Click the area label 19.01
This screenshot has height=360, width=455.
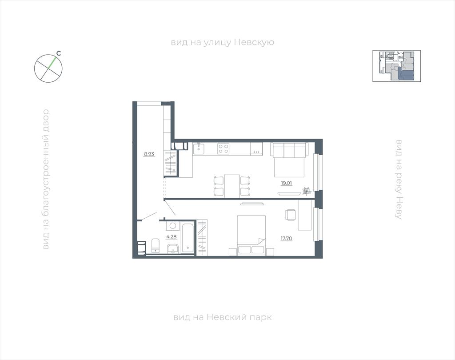pyautogui.click(x=286, y=183)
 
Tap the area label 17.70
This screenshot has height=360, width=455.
pyautogui.click(x=286, y=239)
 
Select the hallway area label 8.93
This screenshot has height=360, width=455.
pyautogui.click(x=149, y=154)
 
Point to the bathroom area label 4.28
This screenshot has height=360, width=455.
pyautogui.click(x=171, y=236)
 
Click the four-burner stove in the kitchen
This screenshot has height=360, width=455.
pyautogui.click(x=224, y=148)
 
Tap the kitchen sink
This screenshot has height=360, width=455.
pyautogui.click(x=199, y=148)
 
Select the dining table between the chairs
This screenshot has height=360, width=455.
pyautogui.click(x=232, y=186)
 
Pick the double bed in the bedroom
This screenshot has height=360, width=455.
pyautogui.click(x=251, y=235)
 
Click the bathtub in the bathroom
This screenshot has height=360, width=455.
pyautogui.click(x=188, y=237)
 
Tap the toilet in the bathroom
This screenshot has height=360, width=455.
pyautogui.click(x=156, y=246)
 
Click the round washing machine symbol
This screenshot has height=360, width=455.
pyautogui.click(x=173, y=226)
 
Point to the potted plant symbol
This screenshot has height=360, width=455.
pyautogui.click(x=307, y=191)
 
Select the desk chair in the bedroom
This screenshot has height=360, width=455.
pyautogui.click(x=291, y=215)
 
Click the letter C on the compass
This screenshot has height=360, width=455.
pyautogui.click(x=58, y=53)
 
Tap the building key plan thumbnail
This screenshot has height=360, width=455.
pyautogui.click(x=397, y=66)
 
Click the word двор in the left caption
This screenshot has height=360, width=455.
pyautogui.click(x=46, y=119)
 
